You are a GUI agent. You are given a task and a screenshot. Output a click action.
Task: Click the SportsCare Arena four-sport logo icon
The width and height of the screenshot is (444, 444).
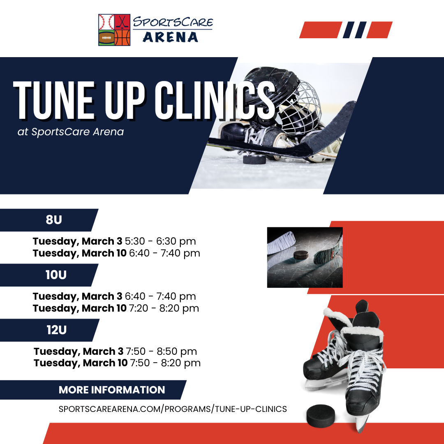point(114,30)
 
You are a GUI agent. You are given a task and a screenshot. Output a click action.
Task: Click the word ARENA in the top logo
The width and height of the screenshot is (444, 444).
point(170,37)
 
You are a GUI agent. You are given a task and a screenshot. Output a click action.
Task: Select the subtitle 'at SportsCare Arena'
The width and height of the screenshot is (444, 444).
point(71,132)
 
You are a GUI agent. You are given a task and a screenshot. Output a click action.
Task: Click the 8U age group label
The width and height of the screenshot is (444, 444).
point(53,220)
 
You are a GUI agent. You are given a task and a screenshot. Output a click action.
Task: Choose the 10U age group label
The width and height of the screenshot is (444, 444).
point(56,275)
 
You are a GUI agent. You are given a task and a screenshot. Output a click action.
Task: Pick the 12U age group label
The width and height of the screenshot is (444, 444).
point(57,330)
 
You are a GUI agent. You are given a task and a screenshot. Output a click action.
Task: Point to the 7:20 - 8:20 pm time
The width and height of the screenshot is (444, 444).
point(164,308)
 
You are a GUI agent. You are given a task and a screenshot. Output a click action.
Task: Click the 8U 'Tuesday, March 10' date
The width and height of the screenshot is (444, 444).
point(80,253)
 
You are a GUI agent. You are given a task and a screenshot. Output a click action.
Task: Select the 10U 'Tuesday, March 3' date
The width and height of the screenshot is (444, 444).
point(77,296)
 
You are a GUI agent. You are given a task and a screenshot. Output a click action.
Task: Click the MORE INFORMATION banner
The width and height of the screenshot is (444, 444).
point(112,390)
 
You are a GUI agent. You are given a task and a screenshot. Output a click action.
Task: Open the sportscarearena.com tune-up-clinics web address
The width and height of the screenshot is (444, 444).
point(173,409)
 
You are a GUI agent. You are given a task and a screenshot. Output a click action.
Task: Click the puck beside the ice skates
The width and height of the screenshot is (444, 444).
point(321,415)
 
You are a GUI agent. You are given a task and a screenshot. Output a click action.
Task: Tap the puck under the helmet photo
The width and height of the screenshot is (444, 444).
point(252,159)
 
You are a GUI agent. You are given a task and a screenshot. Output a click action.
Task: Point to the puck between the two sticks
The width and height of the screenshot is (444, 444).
point(302,254)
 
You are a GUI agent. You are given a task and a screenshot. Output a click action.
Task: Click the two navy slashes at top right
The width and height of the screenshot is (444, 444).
point(354,30)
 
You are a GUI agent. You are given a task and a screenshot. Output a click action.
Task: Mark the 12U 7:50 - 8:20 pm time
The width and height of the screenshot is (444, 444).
point(165,363)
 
